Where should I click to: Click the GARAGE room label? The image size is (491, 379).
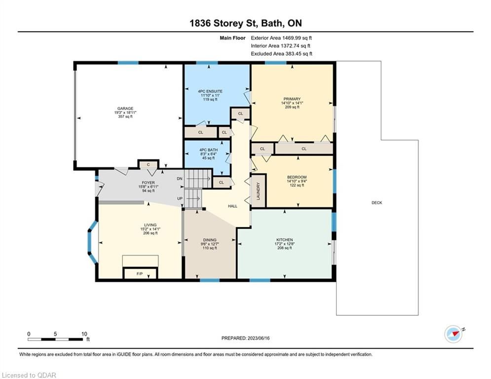[x=125, y=109]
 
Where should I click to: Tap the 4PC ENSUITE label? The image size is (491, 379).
[x=210, y=91]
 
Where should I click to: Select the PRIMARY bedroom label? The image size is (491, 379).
[x=292, y=99]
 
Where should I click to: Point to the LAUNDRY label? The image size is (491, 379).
[x=259, y=191]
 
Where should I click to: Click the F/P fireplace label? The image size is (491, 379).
[x=140, y=274]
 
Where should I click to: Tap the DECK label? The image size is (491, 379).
[x=377, y=203]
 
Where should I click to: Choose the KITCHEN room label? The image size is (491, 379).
[x=285, y=240]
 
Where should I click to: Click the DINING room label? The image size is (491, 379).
[x=210, y=240]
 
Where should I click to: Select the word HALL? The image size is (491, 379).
[x=232, y=206]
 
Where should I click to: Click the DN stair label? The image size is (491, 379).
[x=180, y=179]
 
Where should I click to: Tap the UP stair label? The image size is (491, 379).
[x=180, y=198]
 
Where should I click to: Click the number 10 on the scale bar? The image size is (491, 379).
[x=84, y=334]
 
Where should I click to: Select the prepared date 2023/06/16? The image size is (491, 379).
[x=259, y=338]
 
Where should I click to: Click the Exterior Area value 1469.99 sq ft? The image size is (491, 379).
[x=297, y=38]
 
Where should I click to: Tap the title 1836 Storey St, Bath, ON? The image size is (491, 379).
[x=246, y=23]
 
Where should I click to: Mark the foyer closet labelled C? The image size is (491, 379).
[x=149, y=165]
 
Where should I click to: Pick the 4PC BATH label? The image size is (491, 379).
[x=209, y=150]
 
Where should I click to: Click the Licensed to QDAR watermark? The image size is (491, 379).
[x=29, y=375]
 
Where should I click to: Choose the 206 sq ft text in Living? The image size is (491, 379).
[x=151, y=233]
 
